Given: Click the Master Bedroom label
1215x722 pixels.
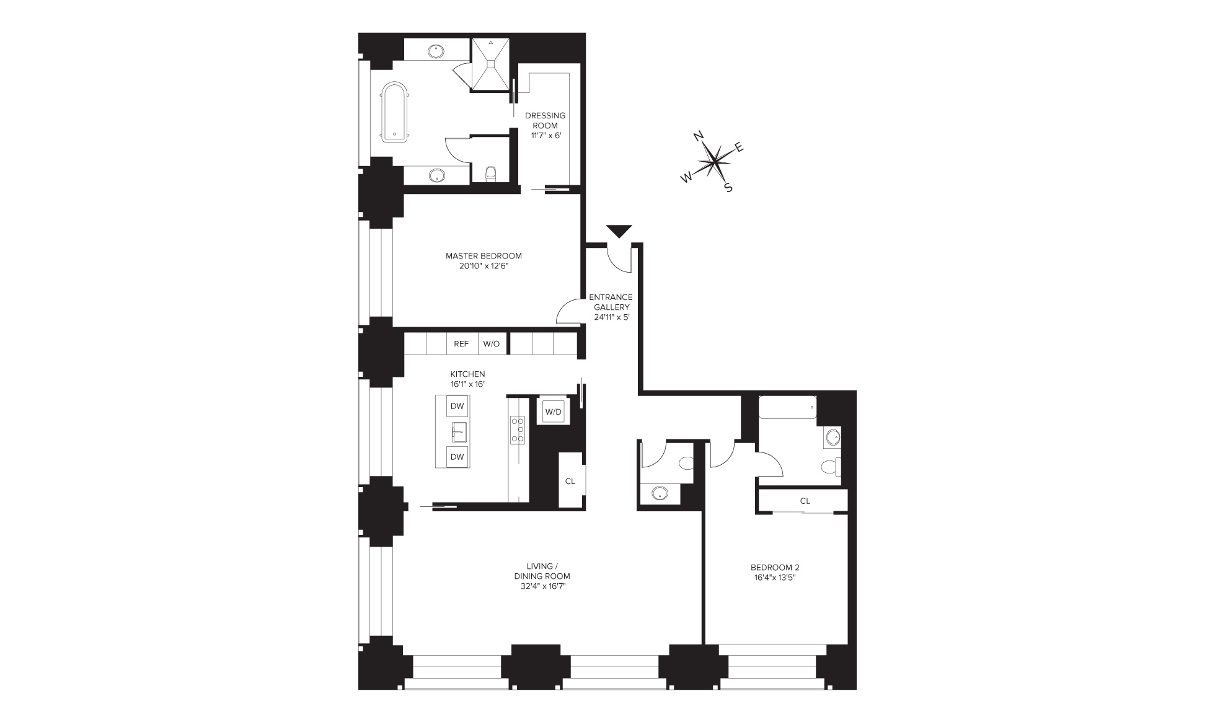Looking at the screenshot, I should [x=484, y=255].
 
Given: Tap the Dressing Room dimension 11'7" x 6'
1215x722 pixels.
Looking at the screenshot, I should [x=546, y=135].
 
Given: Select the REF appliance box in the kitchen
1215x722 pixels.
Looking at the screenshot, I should [x=461, y=343].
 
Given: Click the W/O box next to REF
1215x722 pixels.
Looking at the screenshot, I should [x=492, y=343].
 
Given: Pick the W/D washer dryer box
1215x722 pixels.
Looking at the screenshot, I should [x=553, y=412].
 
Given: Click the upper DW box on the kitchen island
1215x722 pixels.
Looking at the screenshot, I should [x=457, y=407].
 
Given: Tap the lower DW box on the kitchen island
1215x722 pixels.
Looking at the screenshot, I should [x=457, y=457].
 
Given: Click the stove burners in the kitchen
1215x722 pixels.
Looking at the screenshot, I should [x=518, y=429].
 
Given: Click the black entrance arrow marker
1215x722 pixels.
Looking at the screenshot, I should [x=618, y=231].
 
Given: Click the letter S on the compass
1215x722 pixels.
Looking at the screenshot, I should [x=728, y=188].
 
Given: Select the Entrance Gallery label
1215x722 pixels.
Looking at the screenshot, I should [x=611, y=302].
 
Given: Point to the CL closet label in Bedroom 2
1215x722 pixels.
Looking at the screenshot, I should [x=805, y=501].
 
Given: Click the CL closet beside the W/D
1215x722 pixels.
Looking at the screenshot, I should [x=570, y=481].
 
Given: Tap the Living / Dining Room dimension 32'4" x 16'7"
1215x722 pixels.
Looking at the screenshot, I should [x=542, y=586].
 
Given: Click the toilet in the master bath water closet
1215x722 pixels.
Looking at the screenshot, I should [x=492, y=173].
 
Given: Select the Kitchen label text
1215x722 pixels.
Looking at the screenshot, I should [x=467, y=374].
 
